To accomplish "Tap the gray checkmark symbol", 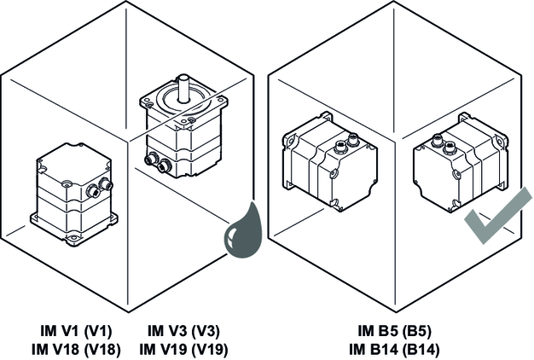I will click(x=496, y=219).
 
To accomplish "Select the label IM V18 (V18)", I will click(x=76, y=348).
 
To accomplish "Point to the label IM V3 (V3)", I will click(x=183, y=332).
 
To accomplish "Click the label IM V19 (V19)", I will click(x=183, y=348).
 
